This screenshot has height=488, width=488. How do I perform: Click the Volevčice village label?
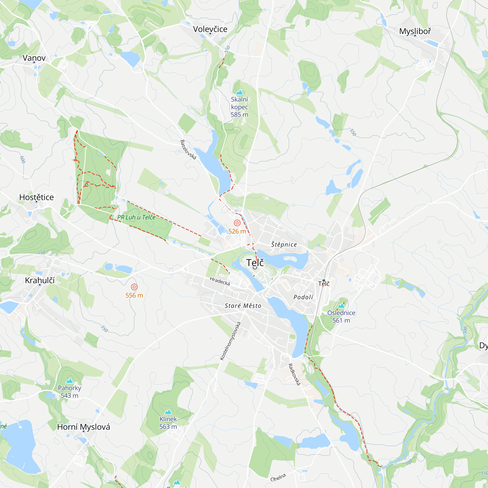pyautogui.click(x=210, y=29)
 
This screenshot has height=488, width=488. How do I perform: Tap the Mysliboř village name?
pyautogui.click(x=415, y=31)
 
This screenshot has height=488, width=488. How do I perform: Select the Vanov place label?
pyautogui.click(x=34, y=58)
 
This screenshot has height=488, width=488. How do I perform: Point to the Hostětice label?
pyautogui.click(x=37, y=197)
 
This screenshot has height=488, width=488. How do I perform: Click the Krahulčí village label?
pyautogui.click(x=40, y=280)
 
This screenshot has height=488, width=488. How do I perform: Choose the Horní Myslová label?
pyautogui.click(x=84, y=427)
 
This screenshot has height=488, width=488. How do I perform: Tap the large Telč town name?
pyautogui.click(x=255, y=263)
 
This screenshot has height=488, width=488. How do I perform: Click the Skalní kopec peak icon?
pyautogui.click(x=239, y=92)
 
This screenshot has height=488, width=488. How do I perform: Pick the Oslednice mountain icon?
pyautogui.click(x=341, y=306)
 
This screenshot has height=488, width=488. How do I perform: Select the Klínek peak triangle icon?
pyautogui.click(x=168, y=412)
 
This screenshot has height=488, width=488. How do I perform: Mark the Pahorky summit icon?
pyautogui.click(x=70, y=381)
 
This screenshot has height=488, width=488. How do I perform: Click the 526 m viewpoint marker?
pyautogui.click(x=237, y=223)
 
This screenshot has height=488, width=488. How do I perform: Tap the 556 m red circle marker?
pyautogui.click(x=134, y=287)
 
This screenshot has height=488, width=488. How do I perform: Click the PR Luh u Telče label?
pyautogui.click(x=136, y=217)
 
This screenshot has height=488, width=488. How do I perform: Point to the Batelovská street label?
pyautogui.click(x=188, y=150)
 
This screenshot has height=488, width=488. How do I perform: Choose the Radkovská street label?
pyautogui.click(x=295, y=374)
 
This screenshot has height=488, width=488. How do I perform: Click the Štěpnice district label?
pyautogui.click(x=284, y=244)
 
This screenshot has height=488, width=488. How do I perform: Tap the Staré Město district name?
pyautogui.click(x=243, y=306)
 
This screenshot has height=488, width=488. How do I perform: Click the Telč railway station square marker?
pyautogui.click(x=324, y=280)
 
